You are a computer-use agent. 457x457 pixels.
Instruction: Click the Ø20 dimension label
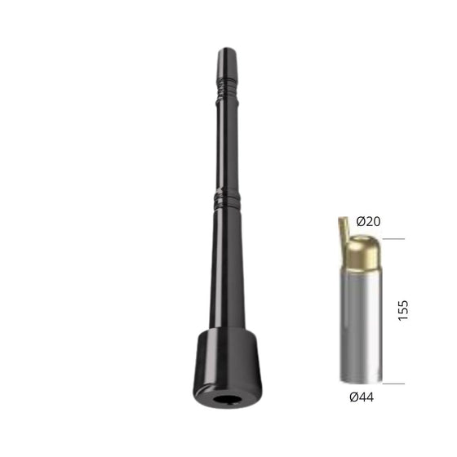point(368,221)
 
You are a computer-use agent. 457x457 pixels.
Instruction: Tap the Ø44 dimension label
point(362,397)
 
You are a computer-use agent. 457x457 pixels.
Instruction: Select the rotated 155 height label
point(403,310)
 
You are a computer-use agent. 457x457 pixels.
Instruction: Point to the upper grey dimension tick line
point(393,238)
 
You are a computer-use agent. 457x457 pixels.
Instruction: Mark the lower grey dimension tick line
point(393,384)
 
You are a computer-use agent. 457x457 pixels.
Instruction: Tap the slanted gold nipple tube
point(344,233)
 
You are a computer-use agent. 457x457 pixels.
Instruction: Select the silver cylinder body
point(361,326)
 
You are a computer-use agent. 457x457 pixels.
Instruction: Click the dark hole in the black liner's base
point(228,399)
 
